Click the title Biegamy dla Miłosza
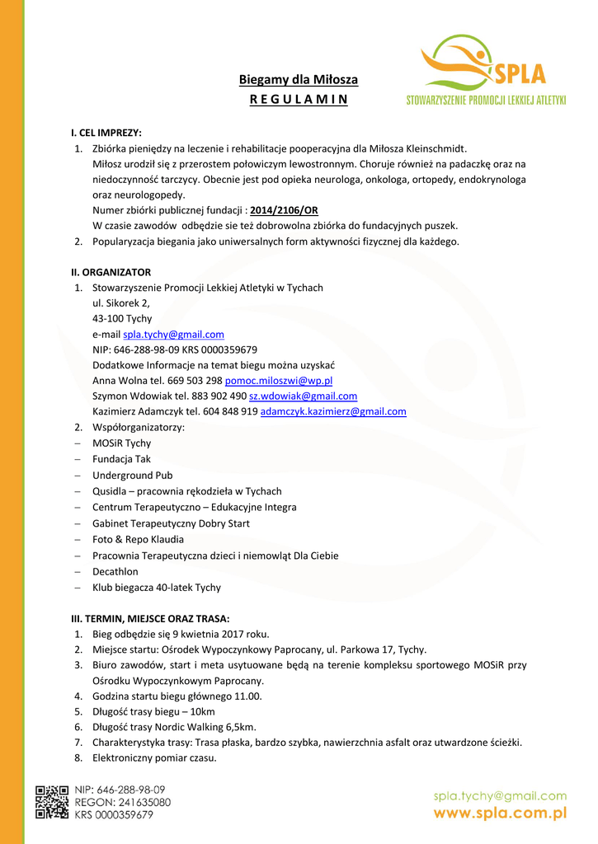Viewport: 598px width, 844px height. point(299,80)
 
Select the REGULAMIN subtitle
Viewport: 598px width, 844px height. point(299,100)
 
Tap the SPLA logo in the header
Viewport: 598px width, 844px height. point(486,70)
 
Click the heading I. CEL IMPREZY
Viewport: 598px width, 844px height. point(106,132)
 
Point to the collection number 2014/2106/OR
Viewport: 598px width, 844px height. point(284,210)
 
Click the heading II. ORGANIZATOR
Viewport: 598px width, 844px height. point(111,272)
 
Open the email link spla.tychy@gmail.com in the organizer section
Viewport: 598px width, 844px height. point(173,334)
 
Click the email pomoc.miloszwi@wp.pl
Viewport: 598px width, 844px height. point(278,381)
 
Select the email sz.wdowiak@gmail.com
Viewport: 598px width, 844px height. point(303,396)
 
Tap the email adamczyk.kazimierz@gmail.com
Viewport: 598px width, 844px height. point(333,411)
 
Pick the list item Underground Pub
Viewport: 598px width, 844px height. point(132,476)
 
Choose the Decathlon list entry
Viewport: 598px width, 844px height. point(115,571)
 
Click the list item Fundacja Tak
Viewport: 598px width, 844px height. point(121,459)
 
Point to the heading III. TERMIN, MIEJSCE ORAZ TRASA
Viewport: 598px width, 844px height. point(150,618)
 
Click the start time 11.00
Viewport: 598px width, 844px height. point(247,696)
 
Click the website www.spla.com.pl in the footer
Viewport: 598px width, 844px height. point(501,813)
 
